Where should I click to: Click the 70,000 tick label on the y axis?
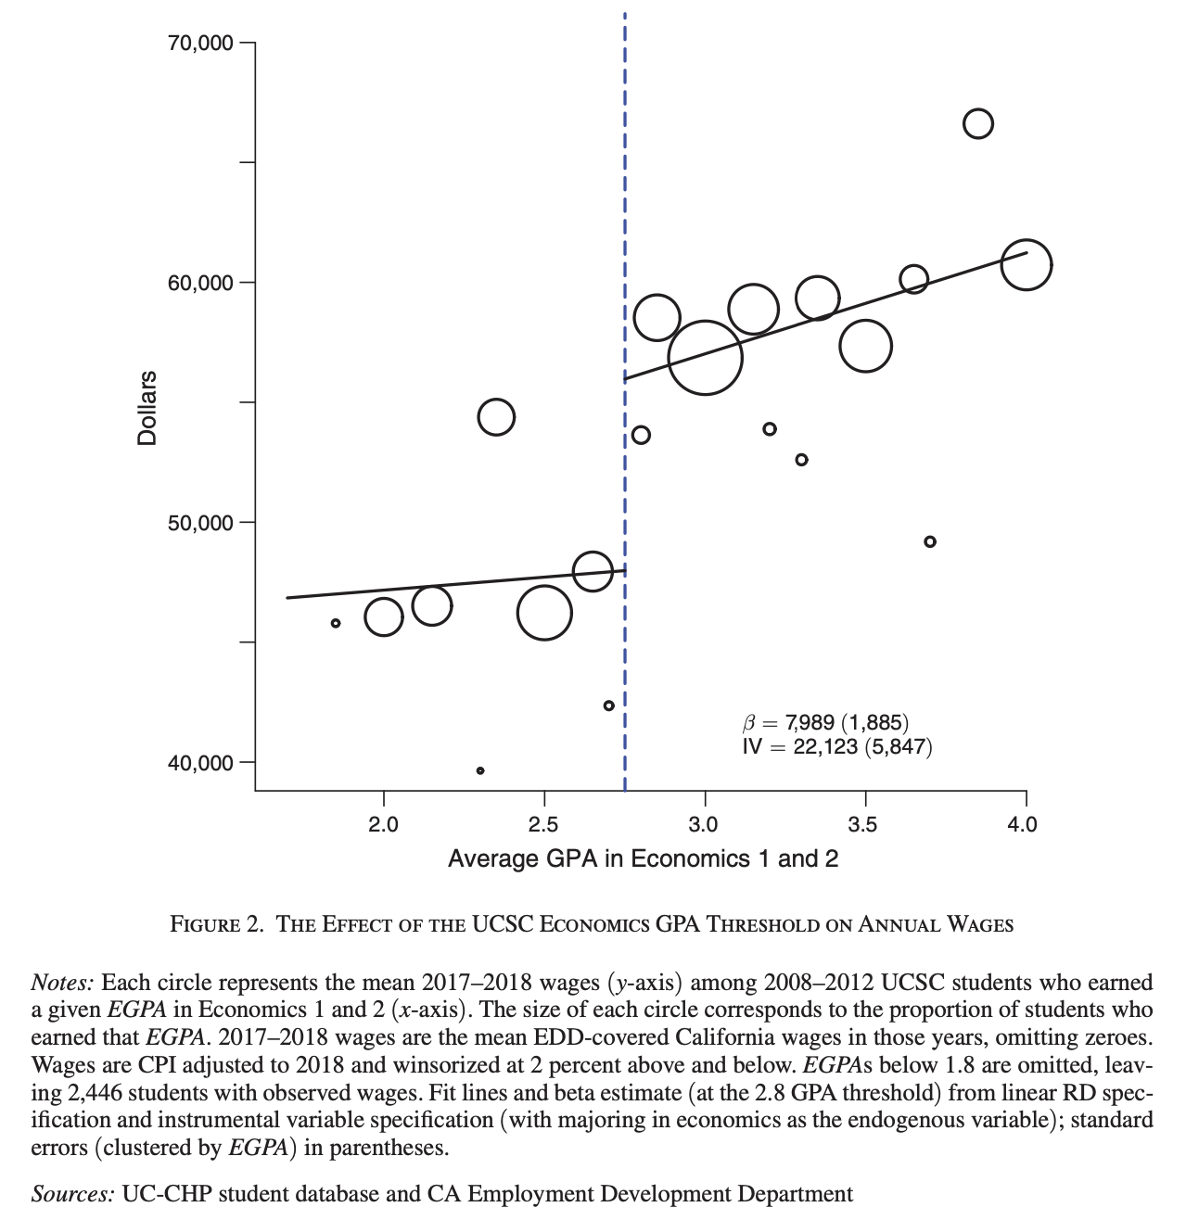[201, 44]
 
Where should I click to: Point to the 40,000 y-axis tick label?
[201, 763]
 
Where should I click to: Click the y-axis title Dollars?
[147, 408]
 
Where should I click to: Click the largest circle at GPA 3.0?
[705, 357]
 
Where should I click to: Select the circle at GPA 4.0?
[1026, 264]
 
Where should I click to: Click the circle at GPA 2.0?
[384, 616]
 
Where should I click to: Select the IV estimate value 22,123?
[825, 747]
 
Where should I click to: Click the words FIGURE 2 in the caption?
[216, 925]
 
